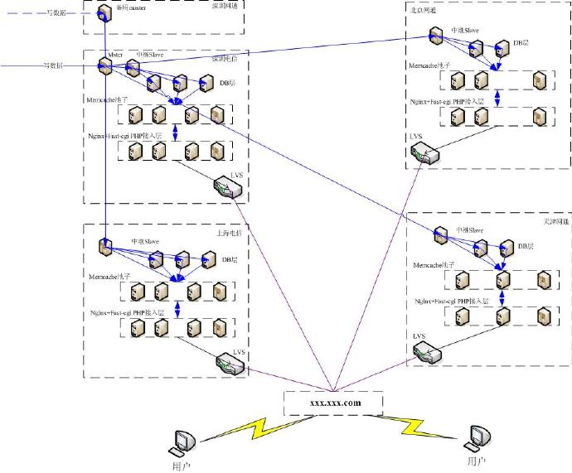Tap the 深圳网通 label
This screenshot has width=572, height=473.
[x=225, y=5]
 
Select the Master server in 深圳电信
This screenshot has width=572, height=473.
[x=106, y=66]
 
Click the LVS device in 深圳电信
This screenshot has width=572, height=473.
[x=228, y=189]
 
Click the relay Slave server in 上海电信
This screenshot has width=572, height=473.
[x=105, y=247]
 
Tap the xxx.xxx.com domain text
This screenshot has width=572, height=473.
[x=333, y=403]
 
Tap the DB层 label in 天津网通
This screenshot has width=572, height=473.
[x=524, y=246]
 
